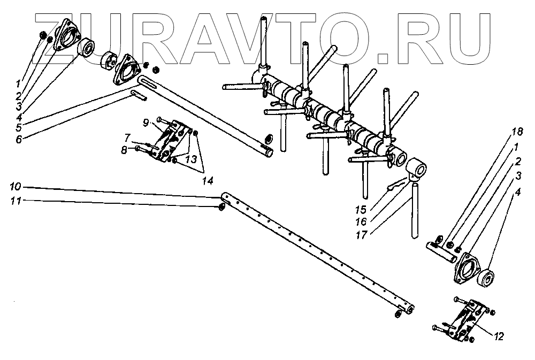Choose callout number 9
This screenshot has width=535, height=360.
pos(146,122)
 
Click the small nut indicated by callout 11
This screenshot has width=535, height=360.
pos(221,208)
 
